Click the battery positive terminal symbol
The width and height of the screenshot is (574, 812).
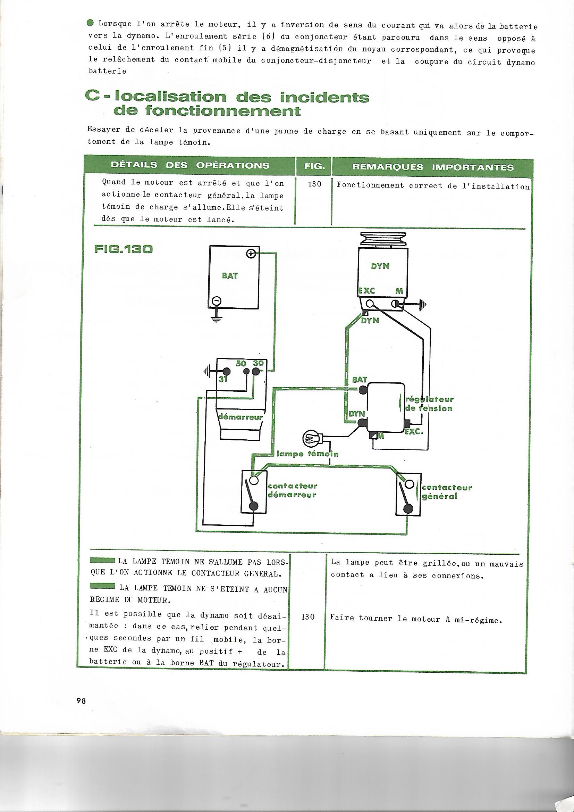coord(250,254)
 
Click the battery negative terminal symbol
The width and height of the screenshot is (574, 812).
coord(216,301)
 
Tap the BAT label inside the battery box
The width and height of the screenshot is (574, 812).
coord(230,276)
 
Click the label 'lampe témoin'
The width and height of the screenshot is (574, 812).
coord(307,454)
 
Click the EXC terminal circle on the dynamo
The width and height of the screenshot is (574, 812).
coord(370,303)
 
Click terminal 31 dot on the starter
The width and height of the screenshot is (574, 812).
coord(226,371)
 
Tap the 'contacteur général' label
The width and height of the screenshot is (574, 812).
coord(447,492)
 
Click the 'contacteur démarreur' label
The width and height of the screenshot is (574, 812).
coord(292,490)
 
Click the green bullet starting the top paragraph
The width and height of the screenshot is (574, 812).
coord(90,23)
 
